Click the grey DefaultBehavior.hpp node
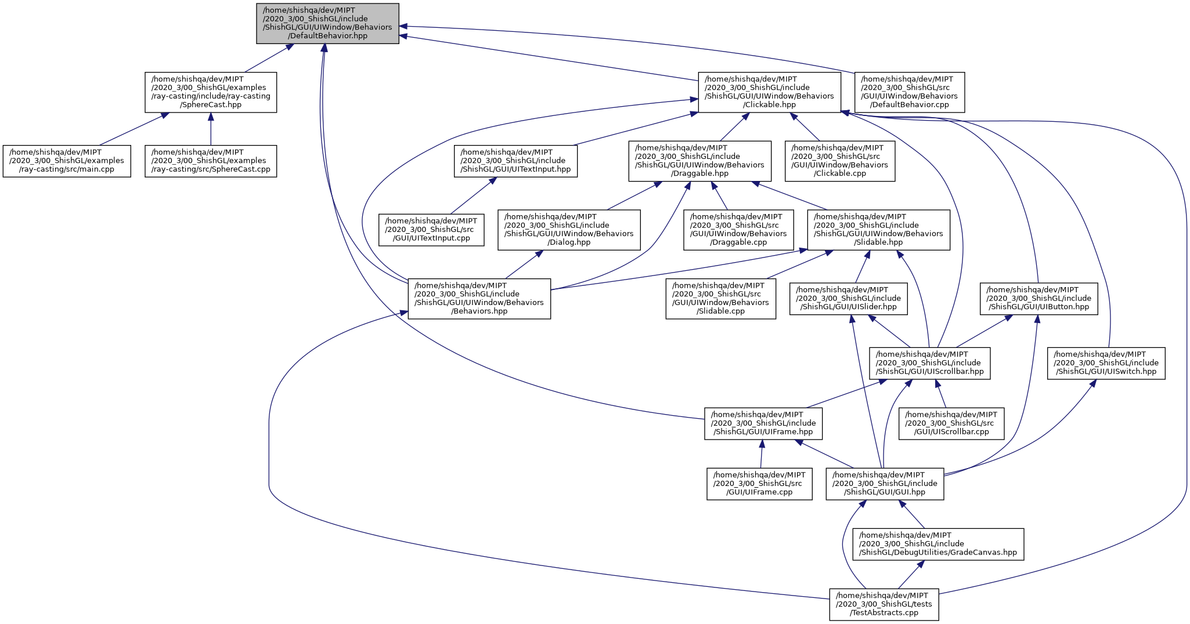tap(327, 23)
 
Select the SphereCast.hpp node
tap(210, 92)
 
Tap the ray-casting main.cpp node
tap(67, 161)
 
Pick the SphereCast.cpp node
tap(211, 161)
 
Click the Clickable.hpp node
tap(769, 92)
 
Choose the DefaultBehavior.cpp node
tap(909, 92)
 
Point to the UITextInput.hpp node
tap(515, 161)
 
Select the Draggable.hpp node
tap(700, 161)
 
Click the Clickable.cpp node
tap(840, 161)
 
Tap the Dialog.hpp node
tap(569, 230)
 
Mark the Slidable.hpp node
tap(879, 230)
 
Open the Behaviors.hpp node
tap(479, 299)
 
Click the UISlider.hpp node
tap(848, 299)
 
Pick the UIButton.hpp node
tap(1038, 299)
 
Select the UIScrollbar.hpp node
tap(929, 363)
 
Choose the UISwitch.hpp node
tap(1106, 363)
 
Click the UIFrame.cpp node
tap(759, 484)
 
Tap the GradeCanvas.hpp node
tap(938, 544)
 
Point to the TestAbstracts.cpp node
tap(884, 604)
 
